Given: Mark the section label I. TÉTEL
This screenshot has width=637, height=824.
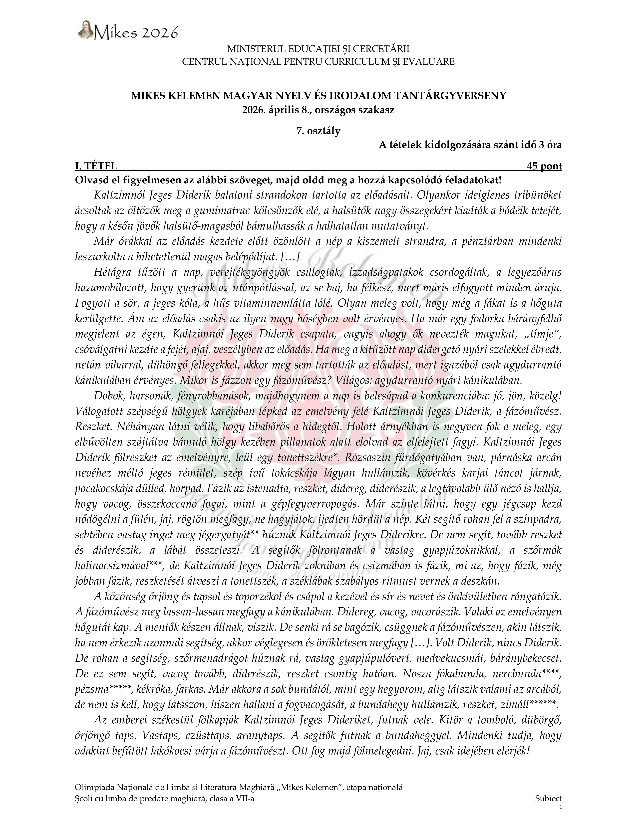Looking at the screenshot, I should point(96,166).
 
